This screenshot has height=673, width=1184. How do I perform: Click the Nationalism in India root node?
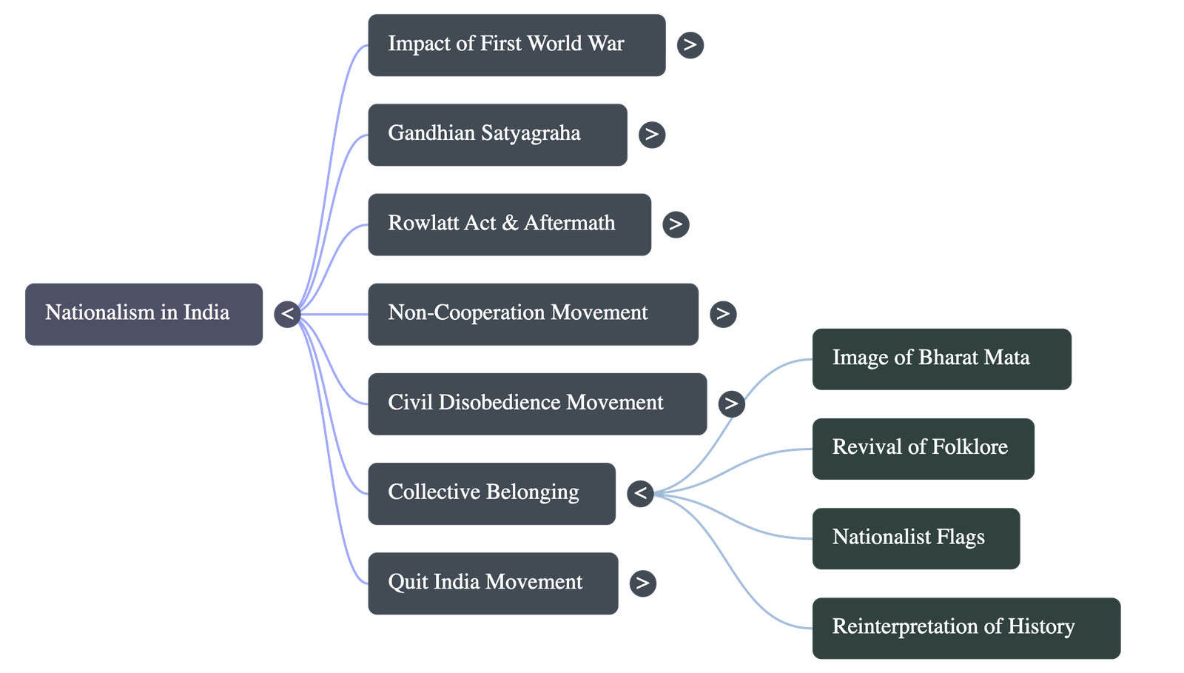[144, 313]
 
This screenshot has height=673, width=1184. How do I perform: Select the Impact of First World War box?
[516, 44]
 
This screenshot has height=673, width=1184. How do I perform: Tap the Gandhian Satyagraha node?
[497, 134]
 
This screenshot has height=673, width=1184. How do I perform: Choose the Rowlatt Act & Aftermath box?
[509, 224]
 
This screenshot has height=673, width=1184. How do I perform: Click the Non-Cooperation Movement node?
[533, 313]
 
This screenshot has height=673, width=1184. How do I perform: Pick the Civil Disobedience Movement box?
[536, 404]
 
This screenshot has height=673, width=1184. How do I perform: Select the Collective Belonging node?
[491, 494]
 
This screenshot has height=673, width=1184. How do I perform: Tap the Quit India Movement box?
[492, 583]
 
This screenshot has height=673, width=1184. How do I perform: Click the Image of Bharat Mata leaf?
[941, 358]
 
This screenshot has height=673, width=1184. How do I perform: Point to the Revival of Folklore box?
[922, 448]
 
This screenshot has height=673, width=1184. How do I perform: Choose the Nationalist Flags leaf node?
[915, 538]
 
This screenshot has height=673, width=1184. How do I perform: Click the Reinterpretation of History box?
[966, 628]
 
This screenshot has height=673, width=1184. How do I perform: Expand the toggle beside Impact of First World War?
[690, 45]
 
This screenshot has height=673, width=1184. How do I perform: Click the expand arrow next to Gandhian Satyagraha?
[651, 135]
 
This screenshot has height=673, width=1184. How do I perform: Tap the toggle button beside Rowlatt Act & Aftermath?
[675, 224]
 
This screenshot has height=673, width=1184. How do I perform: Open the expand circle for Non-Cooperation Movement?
[722, 314]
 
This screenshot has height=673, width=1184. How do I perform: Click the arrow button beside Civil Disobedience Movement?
[730, 404]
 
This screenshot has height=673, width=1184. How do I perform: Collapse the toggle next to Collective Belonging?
[640, 493]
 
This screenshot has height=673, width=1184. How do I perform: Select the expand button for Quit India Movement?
[642, 583]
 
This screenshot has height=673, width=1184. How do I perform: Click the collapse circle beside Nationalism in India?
[287, 314]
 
